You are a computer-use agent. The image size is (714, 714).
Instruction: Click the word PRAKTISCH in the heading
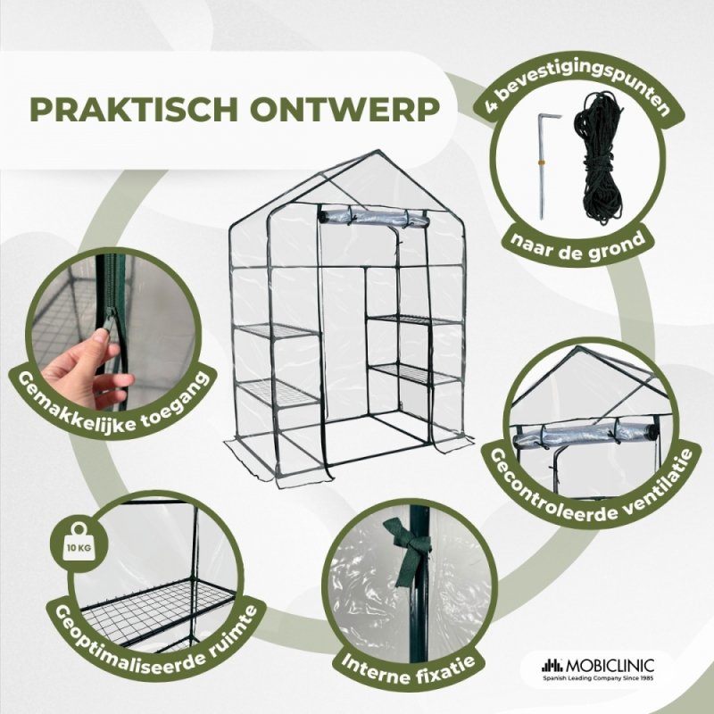pos(134,109)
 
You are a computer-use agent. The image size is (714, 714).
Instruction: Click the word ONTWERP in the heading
pos(345,109)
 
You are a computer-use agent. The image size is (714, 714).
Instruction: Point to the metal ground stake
pos(544,166)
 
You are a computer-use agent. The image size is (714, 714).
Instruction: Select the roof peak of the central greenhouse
pos(377,151)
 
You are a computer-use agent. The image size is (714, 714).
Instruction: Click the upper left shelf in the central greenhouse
pos(278,330)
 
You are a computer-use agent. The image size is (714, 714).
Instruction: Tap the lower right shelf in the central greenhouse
pos(414,372)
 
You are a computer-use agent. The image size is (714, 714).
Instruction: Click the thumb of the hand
pos(101,337)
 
